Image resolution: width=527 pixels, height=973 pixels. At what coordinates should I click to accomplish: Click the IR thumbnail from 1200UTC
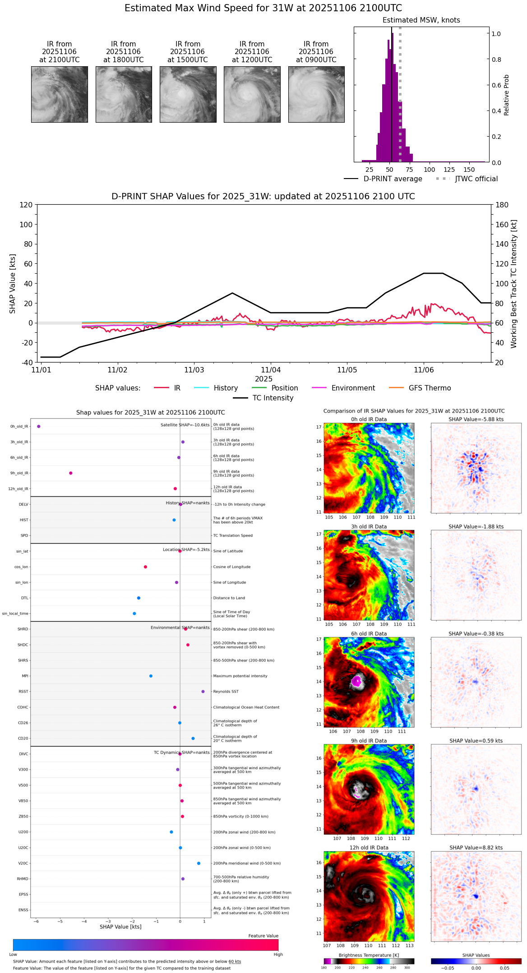(252, 94)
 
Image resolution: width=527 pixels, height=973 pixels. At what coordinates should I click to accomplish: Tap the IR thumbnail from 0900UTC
(316, 94)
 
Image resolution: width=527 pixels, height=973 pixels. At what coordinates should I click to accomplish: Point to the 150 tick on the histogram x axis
(469, 170)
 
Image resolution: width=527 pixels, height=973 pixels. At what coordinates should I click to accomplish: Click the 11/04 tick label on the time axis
(271, 370)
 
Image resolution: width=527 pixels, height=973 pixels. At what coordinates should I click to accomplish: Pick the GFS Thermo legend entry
(430, 388)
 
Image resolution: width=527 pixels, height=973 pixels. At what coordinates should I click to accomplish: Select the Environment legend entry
(353, 388)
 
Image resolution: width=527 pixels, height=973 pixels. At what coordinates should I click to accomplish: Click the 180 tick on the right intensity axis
(502, 205)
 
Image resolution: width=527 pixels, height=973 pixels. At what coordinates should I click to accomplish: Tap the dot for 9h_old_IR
(71, 473)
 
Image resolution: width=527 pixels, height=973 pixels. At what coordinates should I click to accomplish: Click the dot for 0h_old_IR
(39, 426)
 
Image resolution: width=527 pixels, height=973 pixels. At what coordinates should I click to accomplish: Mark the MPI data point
(151, 676)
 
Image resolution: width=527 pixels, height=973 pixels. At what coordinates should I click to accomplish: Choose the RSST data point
(203, 691)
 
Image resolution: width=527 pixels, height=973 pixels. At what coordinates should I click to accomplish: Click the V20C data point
(199, 863)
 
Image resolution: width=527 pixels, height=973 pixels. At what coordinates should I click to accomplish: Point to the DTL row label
(24, 598)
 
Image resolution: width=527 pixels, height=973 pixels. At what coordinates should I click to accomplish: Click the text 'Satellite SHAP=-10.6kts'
(185, 425)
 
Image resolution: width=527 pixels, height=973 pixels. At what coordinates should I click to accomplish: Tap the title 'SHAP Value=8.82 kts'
(476, 848)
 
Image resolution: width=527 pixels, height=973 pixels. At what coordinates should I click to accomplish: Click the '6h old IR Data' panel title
(369, 633)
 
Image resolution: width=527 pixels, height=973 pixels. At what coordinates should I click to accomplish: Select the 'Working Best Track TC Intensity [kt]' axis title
(514, 284)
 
